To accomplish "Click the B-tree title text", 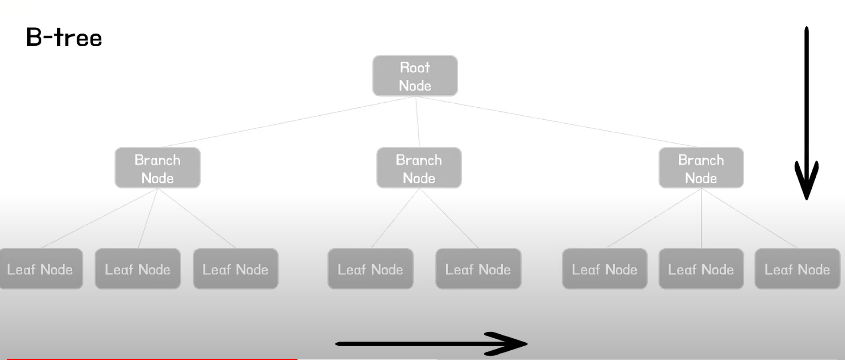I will click(64, 37).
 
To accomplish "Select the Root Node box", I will click(415, 76).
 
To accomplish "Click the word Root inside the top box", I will click(415, 67).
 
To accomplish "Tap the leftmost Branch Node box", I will click(157, 168).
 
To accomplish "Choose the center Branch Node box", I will click(419, 168).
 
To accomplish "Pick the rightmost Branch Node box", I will click(701, 168).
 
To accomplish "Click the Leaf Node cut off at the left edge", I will click(40, 269).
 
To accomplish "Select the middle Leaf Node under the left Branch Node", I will click(138, 269).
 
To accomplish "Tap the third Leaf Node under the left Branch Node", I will click(236, 269).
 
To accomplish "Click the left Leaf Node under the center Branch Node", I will click(370, 269).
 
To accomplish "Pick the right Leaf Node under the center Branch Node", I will click(478, 269).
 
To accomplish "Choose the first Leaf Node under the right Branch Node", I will click(604, 269).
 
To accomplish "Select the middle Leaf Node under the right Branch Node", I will click(701, 269).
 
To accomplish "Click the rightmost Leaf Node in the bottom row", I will click(797, 269).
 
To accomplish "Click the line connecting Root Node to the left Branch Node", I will click(288, 121).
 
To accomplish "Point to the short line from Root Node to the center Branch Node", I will click(417, 121).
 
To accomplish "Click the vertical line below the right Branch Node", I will click(701, 218).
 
